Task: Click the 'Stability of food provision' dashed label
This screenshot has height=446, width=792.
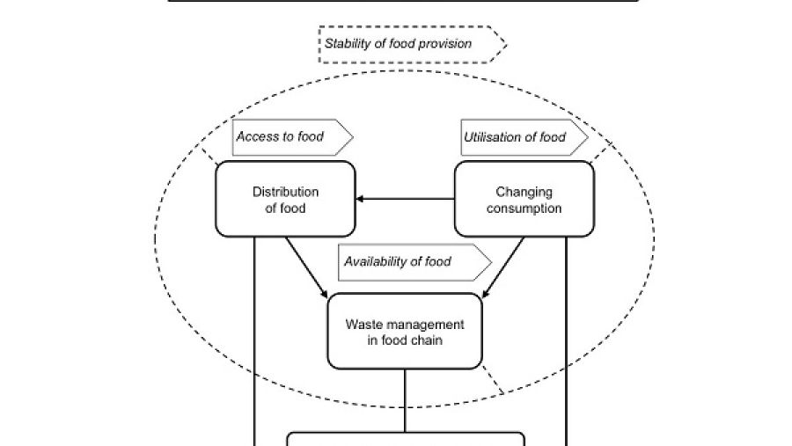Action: point(412,45)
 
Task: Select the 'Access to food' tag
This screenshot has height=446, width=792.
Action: point(292,137)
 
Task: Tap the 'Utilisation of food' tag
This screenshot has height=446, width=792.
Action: point(524,137)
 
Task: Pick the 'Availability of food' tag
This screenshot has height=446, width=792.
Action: point(414,262)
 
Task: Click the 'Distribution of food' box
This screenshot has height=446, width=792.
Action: point(285,199)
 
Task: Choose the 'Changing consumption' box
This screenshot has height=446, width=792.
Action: point(524,199)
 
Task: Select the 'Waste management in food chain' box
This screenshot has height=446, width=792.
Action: point(405,332)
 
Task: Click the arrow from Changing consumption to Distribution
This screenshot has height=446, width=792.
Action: point(405,199)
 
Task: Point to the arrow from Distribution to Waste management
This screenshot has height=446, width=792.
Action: point(306,267)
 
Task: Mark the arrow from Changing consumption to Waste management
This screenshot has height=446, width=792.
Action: point(503,267)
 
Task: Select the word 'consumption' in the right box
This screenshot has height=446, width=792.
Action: point(524,208)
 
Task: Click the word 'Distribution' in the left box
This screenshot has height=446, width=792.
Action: point(285,192)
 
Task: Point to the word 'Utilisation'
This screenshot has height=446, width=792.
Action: point(494,137)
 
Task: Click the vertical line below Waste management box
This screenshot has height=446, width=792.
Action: point(405,400)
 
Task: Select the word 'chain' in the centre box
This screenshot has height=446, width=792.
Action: point(428,340)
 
